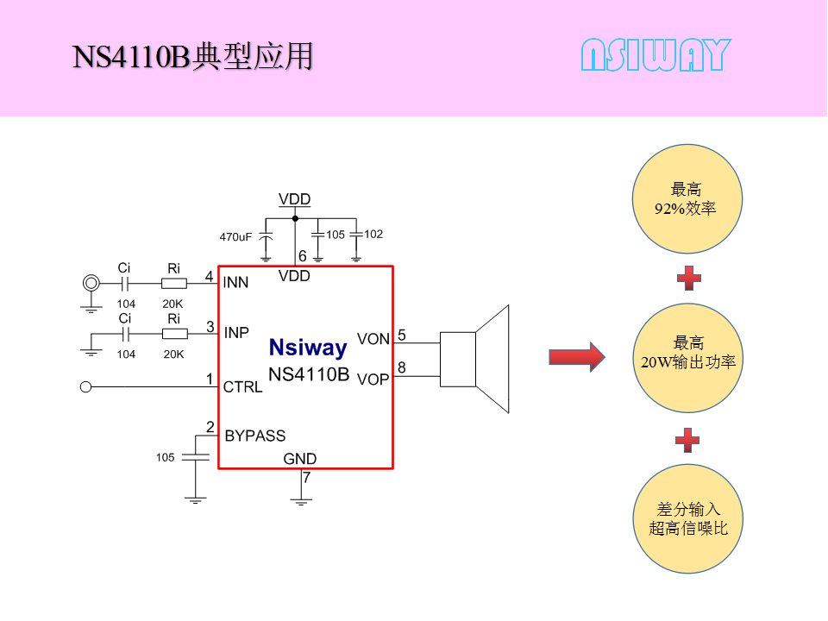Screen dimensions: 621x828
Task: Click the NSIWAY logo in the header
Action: tap(655, 55)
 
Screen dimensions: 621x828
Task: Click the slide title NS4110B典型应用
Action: tap(192, 56)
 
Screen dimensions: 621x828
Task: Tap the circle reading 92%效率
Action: tap(687, 199)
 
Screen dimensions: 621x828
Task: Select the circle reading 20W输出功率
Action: tap(687, 357)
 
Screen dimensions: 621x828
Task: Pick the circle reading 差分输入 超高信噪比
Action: tap(687, 518)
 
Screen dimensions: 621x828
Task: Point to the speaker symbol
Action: tap(474, 360)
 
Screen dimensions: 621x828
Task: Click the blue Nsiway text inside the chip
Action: tap(307, 348)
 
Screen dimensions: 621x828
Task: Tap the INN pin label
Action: tap(235, 283)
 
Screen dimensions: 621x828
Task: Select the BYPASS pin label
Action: tap(254, 436)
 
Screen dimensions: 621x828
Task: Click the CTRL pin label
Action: tap(242, 387)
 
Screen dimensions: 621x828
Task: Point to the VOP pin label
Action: tap(373, 379)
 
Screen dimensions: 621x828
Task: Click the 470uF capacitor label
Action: tap(235, 236)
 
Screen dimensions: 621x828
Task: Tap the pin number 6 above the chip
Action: tap(302, 256)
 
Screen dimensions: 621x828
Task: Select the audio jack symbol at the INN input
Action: tap(89, 283)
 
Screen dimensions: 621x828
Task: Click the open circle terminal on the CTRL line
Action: tap(85, 387)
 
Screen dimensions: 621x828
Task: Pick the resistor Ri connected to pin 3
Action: tap(173, 333)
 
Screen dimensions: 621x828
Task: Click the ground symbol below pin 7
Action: tap(301, 499)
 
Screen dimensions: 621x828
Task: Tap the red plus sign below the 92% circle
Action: tap(687, 278)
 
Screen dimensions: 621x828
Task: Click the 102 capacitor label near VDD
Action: tap(373, 234)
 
